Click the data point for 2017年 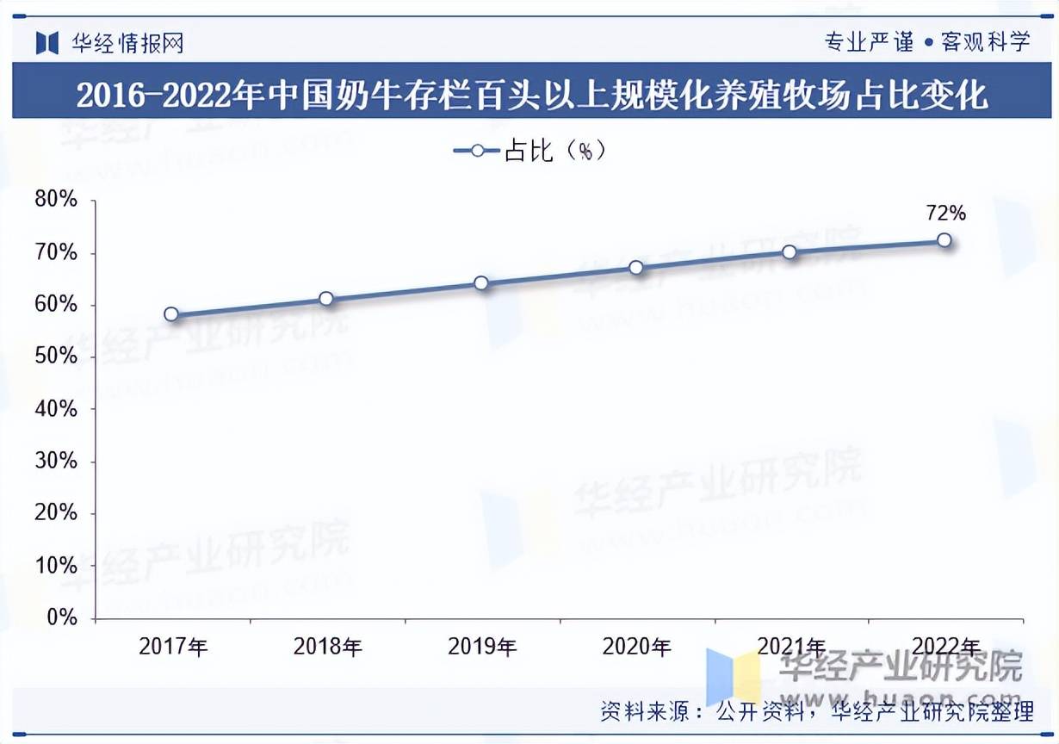click(171, 314)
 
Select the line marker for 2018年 click(326, 299)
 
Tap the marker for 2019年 click(481, 283)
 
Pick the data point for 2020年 click(636, 268)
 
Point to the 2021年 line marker click(790, 252)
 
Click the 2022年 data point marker click(944, 240)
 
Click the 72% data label click(945, 213)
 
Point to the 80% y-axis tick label click(57, 201)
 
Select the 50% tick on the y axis click(57, 356)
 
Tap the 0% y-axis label click(62, 617)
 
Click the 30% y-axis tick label click(57, 461)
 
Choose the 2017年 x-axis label click(173, 647)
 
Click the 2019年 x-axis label click(482, 647)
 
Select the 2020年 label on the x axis click(637, 647)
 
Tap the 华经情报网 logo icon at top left click(47, 42)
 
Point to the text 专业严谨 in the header click(869, 41)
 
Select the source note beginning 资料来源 click(816, 711)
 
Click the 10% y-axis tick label click(57, 566)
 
